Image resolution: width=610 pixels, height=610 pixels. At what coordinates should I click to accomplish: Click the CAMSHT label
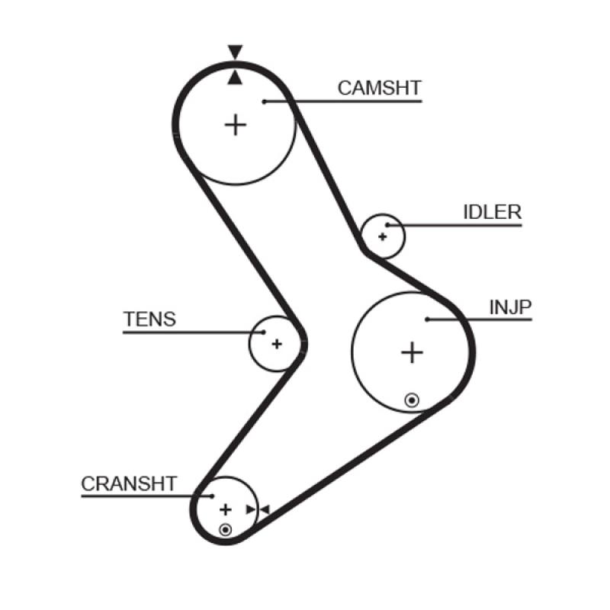tap(379, 88)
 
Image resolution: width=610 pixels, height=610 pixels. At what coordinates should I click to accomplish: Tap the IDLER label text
tap(492, 212)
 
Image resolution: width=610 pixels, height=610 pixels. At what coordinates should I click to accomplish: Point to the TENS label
tap(149, 319)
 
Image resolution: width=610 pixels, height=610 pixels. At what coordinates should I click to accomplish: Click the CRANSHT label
tap(129, 483)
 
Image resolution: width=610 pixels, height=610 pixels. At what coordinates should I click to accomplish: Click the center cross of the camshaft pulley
tap(236, 124)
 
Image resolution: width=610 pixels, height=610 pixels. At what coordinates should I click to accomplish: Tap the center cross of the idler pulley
tap(383, 236)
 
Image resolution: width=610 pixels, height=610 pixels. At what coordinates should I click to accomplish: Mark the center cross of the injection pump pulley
tap(412, 352)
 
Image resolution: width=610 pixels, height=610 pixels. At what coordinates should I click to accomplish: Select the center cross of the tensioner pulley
tap(277, 344)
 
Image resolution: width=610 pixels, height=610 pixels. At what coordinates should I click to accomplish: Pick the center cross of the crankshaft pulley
tap(225, 509)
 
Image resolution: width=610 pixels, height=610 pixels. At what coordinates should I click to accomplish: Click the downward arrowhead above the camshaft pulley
tap(235, 53)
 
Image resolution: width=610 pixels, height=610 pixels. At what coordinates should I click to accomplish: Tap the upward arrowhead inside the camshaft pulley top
tap(235, 77)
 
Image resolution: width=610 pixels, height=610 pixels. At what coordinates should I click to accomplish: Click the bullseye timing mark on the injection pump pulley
tap(412, 399)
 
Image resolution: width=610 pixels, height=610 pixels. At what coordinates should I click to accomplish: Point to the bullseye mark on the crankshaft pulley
tap(225, 529)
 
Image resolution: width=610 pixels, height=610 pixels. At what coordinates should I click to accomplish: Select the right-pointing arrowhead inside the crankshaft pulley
tap(251, 509)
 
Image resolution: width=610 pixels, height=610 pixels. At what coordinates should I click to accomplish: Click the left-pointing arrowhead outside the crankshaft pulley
tap(265, 509)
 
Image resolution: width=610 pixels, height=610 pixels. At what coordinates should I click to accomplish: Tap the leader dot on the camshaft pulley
tap(263, 101)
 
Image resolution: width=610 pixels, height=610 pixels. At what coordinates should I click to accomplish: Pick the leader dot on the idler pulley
tap(388, 225)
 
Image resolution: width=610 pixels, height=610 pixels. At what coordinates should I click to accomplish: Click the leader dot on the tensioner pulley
tap(264, 332)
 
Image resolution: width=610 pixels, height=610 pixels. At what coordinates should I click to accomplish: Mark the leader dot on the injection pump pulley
tap(429, 319)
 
